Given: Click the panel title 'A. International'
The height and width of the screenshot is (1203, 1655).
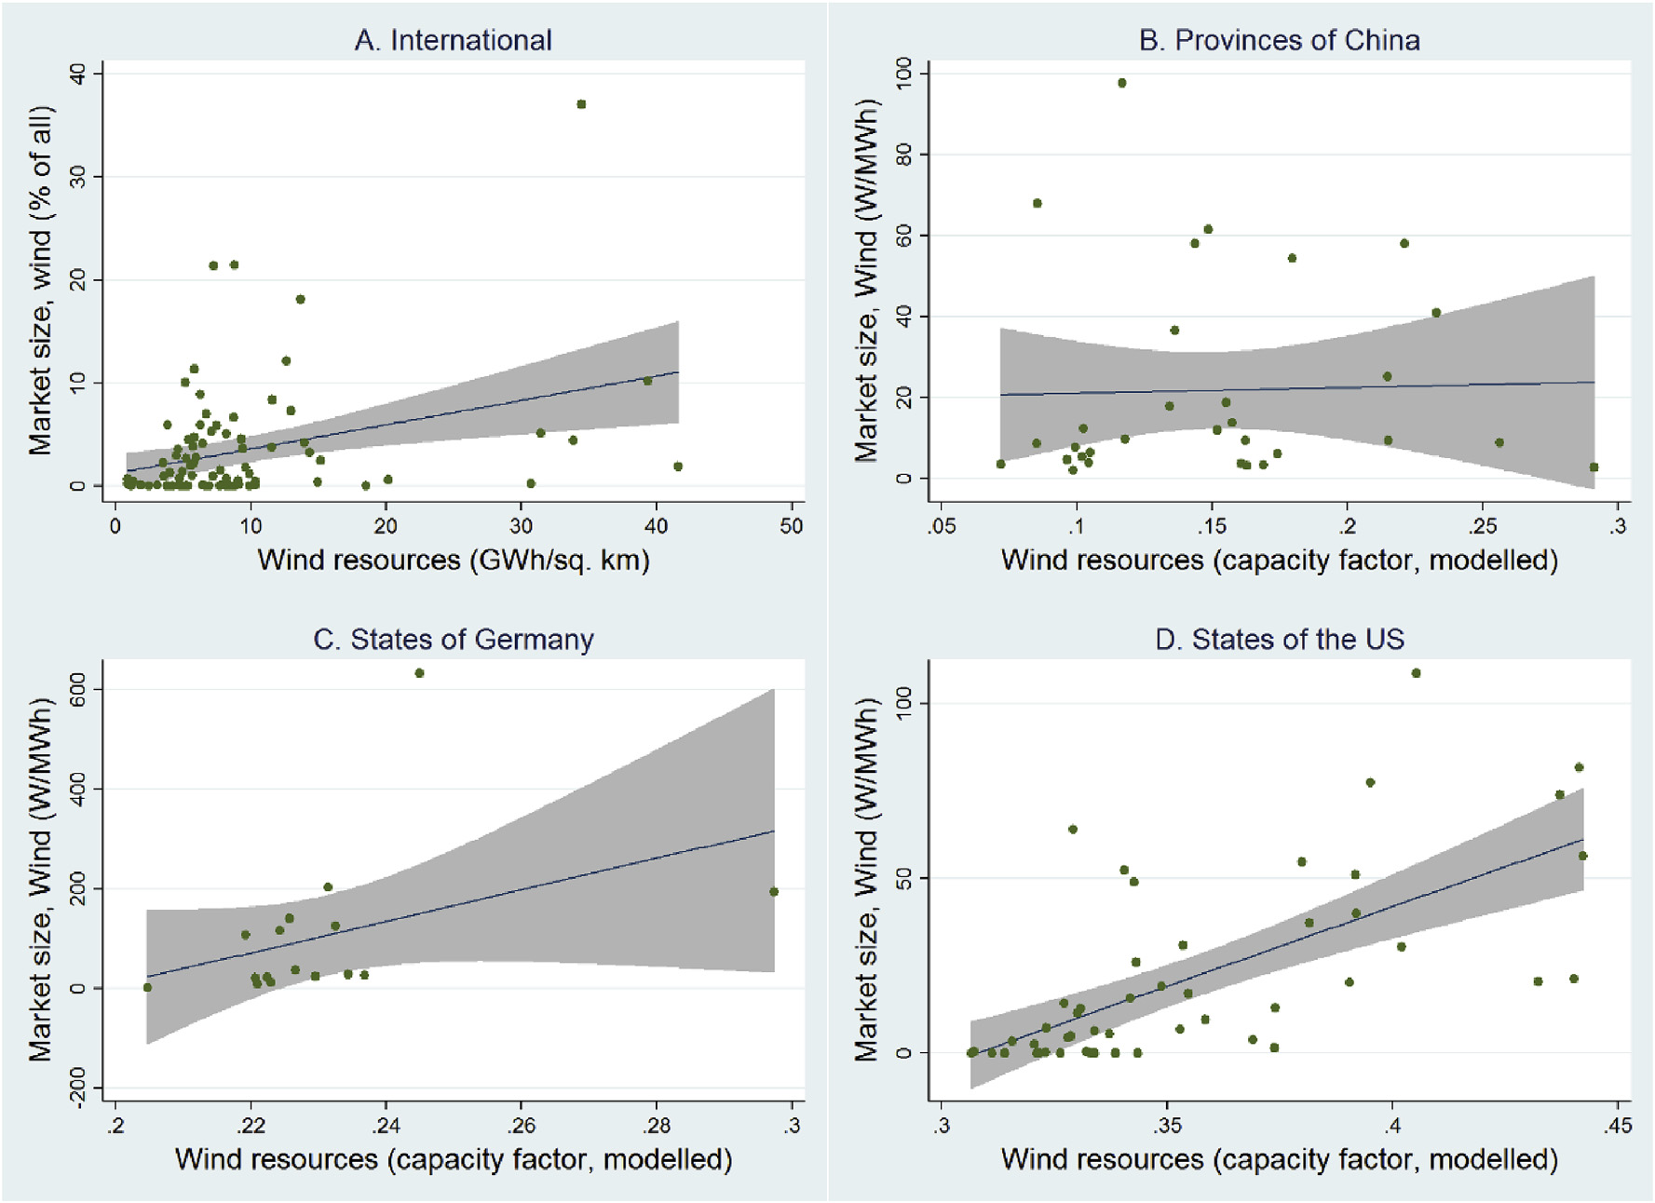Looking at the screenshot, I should tap(453, 40).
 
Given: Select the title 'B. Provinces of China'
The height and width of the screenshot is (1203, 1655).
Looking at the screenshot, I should tap(1279, 40).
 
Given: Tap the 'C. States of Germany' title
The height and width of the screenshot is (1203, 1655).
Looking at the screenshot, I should tap(453, 640).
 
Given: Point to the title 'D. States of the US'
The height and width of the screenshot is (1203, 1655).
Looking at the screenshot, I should tap(1279, 640).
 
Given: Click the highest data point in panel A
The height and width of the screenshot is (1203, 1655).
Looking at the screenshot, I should tap(581, 104).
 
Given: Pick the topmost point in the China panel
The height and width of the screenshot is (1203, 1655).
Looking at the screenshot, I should tap(1122, 83).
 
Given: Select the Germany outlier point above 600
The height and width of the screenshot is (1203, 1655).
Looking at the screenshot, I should tap(420, 673).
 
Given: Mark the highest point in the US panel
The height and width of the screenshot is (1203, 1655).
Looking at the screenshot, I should tap(1417, 673).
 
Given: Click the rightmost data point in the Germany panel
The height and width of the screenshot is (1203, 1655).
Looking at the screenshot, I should tap(774, 892).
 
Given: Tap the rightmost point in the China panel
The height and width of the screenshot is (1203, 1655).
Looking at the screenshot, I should tap(1594, 467).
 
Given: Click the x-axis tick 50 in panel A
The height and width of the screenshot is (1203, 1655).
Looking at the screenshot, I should tap(792, 526).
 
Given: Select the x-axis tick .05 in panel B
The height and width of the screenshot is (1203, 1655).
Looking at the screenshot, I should tap(942, 526).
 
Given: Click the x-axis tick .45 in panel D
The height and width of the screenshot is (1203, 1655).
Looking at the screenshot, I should tap(1618, 1126).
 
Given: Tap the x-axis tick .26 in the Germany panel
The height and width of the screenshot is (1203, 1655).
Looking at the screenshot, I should tap(521, 1126).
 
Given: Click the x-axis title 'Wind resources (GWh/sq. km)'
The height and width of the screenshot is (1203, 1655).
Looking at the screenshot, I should tap(453, 561).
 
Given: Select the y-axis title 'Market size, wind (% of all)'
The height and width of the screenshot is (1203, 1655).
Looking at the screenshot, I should tap(40, 280).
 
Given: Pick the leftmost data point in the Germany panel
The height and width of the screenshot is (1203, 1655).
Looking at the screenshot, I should tap(147, 988).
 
